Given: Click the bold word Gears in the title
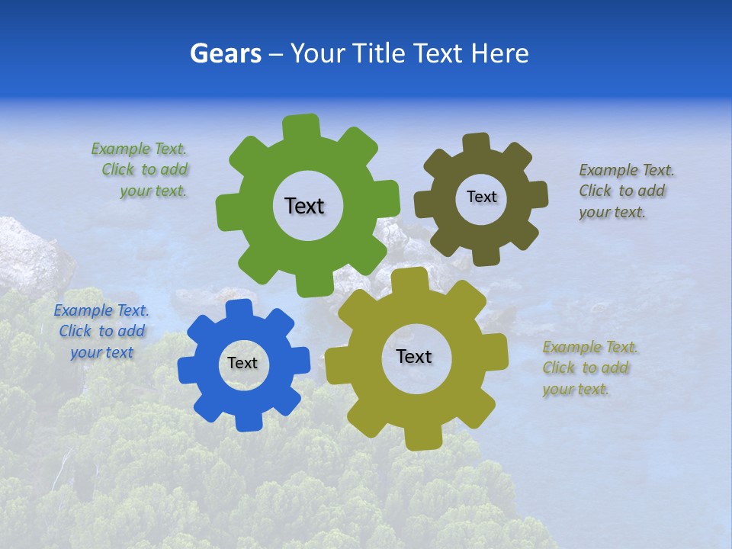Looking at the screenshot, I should coord(225,53).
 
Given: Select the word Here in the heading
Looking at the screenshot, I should coord(500,53).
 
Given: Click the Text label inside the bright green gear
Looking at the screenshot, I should coord(304,206).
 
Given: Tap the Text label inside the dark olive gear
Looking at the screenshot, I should coord(481,197).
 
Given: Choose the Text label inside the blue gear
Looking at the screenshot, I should coord(242,363).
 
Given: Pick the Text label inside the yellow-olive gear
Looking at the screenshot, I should coord(414,356).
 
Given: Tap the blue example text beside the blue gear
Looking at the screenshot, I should coord(101,331).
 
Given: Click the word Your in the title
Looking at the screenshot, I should coord(317,53).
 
